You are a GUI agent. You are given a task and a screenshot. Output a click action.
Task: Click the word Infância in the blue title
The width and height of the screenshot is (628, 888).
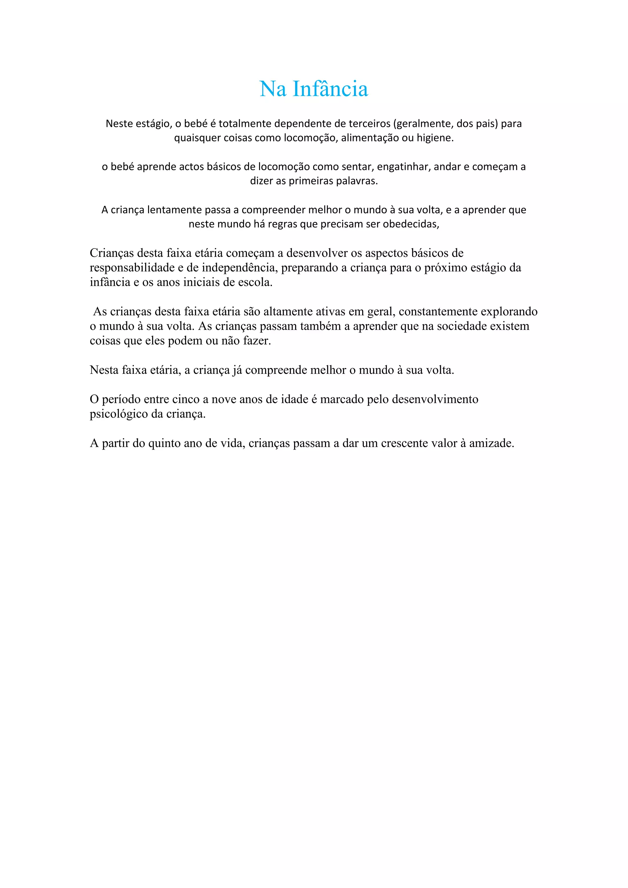[x=330, y=89]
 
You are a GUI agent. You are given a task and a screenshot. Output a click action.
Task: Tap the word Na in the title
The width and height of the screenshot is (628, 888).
[x=273, y=89]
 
